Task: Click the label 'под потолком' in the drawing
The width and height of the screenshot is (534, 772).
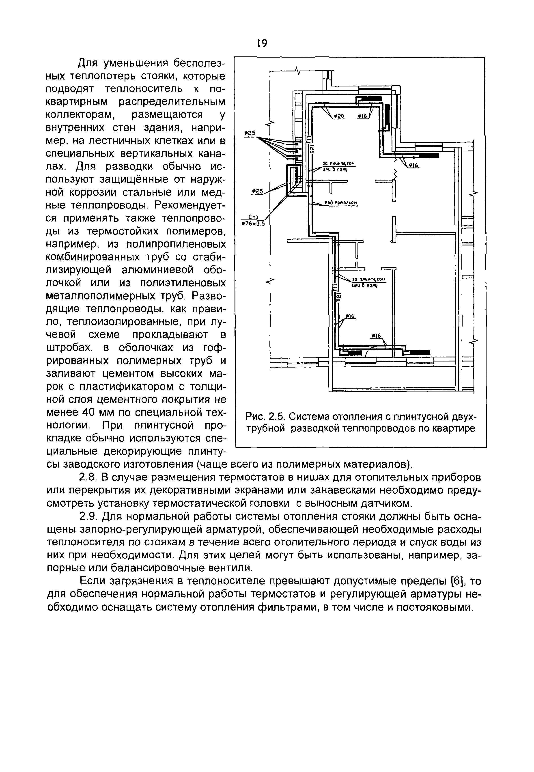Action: point(341,203)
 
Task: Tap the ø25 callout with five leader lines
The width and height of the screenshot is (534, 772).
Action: point(250,133)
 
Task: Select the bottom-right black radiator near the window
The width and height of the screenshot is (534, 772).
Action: point(417,353)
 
